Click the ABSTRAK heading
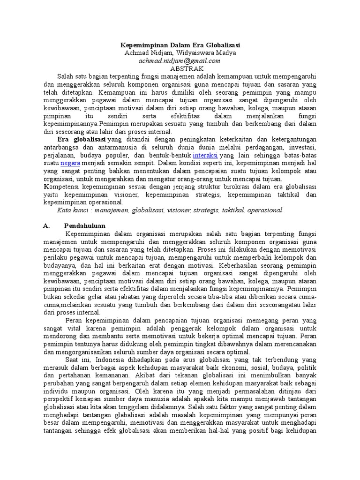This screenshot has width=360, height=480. pos(180,68)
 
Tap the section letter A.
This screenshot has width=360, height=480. pos(46,226)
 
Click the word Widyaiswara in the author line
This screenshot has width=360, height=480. pos(194,53)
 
